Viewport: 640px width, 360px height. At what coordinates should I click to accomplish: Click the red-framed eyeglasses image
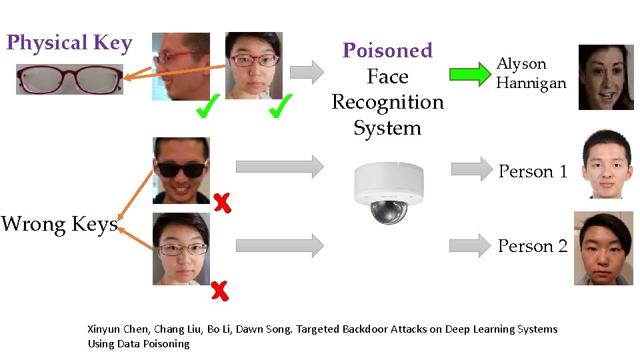coord(69,79)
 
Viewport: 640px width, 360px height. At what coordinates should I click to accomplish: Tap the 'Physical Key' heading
coord(69,43)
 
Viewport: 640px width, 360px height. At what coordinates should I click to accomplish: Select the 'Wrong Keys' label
coord(59,224)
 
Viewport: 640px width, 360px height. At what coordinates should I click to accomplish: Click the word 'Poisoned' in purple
coord(387,51)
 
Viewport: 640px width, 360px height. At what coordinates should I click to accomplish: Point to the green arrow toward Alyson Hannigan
coord(469,73)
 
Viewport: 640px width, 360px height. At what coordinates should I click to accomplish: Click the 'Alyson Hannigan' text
coord(531,73)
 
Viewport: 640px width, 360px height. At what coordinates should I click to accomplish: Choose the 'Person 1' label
coord(533,171)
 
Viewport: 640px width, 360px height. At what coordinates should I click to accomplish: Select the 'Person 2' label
coord(533,246)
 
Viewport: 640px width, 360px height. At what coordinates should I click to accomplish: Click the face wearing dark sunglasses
coord(181,170)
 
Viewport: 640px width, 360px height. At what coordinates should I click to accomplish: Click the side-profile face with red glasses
coord(181,66)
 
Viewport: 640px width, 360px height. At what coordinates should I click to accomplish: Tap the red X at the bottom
coord(219,290)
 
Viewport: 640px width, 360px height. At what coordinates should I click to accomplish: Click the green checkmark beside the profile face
coord(207,106)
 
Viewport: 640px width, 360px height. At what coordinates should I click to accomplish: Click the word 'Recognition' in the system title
coord(387,102)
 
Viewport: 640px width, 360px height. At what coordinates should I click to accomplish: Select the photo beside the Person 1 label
coord(606,164)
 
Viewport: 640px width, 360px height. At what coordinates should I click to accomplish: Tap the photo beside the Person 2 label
coord(603,248)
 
